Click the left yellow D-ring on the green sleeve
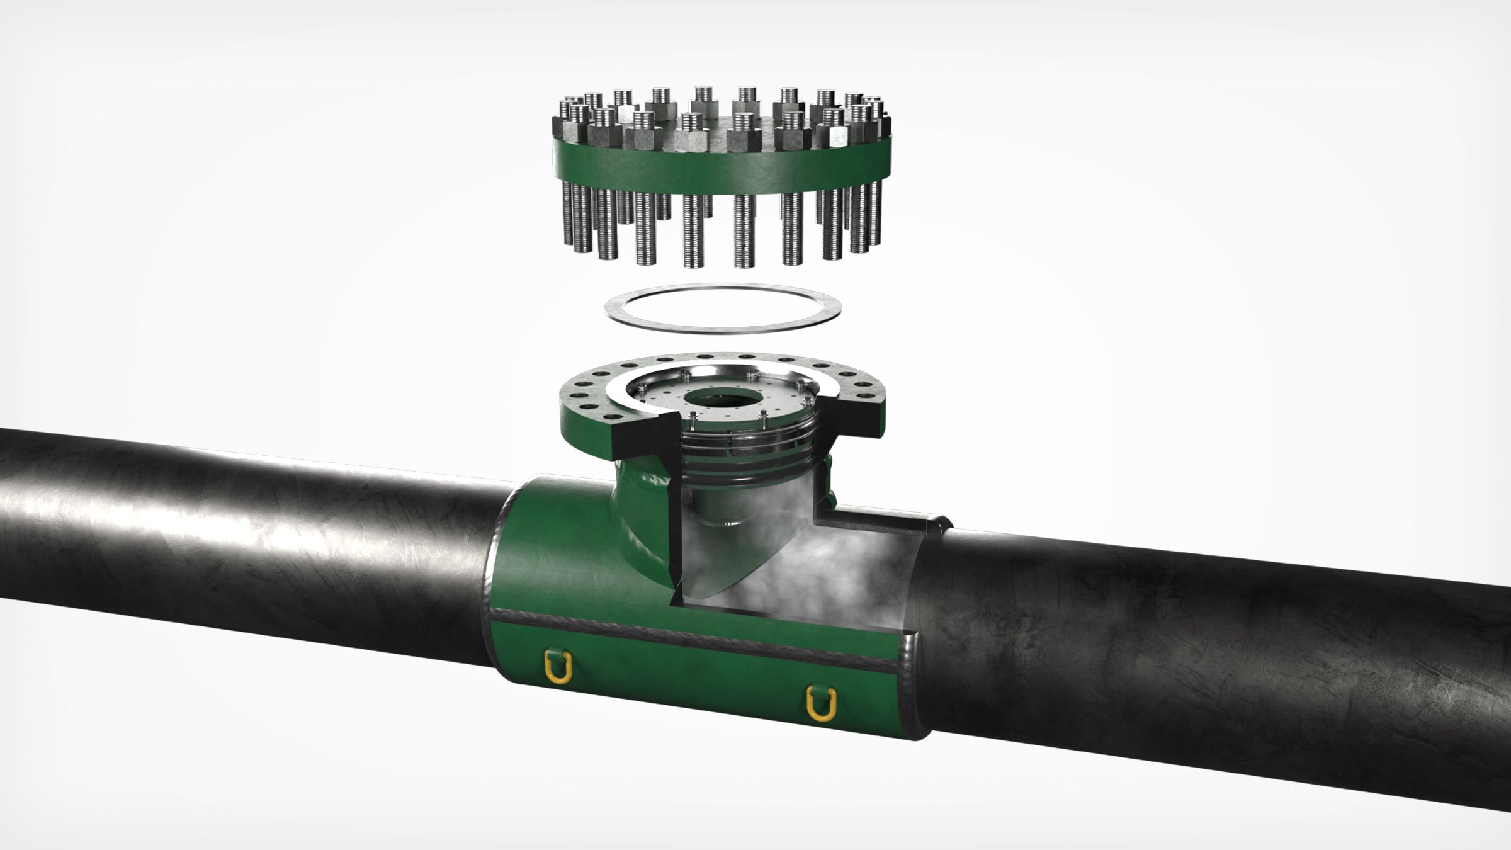pyautogui.click(x=558, y=666)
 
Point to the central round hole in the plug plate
pyautogui.click(x=720, y=398)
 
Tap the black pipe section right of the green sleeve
pyautogui.click(x=1196, y=661)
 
